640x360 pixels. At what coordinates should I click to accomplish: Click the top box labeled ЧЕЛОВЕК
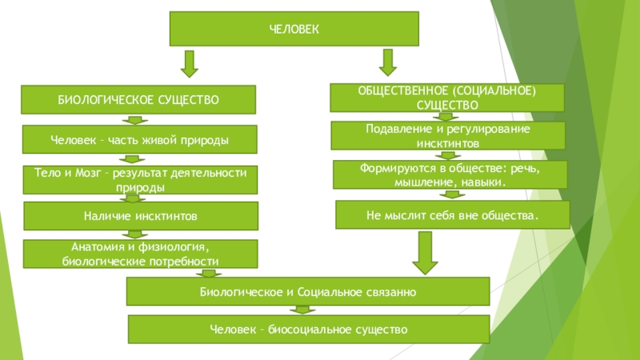coord(293,29)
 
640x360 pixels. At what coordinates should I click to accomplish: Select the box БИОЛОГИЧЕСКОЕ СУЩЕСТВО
coord(138,99)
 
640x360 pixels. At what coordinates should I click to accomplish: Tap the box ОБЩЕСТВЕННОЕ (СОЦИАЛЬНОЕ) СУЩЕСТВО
coord(447,98)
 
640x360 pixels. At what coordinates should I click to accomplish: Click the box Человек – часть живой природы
coord(140,140)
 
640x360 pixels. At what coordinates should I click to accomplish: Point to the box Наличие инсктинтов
coord(140,216)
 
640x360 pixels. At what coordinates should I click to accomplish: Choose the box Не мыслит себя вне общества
coord(452,215)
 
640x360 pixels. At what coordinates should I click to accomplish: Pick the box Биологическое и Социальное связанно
coord(308,292)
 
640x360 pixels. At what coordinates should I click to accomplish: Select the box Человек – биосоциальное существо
coord(309,329)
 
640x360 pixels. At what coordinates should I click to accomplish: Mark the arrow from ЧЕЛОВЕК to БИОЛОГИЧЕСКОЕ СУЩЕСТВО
coord(189,64)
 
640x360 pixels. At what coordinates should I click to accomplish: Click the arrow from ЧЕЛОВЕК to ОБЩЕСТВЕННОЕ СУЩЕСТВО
coord(388,62)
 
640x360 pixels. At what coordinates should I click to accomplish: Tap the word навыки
coord(486,183)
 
